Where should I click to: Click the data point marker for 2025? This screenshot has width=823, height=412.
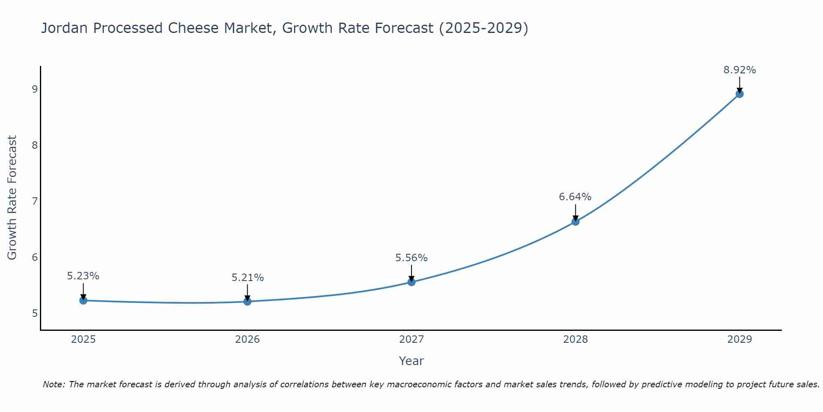[83, 300]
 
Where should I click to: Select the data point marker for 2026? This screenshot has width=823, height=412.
[247, 302]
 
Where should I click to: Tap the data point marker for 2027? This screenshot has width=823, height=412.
[411, 282]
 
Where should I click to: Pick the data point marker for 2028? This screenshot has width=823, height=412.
[575, 222]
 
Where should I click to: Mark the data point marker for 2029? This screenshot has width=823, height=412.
[739, 94]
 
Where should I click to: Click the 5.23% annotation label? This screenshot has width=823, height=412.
[83, 276]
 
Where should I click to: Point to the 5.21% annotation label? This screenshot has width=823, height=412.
[247, 278]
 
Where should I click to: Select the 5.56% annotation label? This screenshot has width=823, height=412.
[411, 258]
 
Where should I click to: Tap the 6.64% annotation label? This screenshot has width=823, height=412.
[575, 197]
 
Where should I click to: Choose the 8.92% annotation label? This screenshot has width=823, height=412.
[739, 70]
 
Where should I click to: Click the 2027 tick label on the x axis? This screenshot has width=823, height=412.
[411, 339]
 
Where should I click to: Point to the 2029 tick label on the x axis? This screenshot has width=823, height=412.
[739, 339]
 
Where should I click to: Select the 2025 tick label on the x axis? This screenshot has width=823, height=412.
[83, 339]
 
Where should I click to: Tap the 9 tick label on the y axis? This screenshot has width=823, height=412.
[35, 89]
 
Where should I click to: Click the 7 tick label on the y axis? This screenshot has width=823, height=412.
[35, 201]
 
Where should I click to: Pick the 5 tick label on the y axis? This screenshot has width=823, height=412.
[35, 313]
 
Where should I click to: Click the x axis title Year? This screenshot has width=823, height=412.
[411, 361]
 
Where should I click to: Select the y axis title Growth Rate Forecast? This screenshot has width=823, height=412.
[12, 198]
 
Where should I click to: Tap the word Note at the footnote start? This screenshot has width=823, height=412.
[53, 384]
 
